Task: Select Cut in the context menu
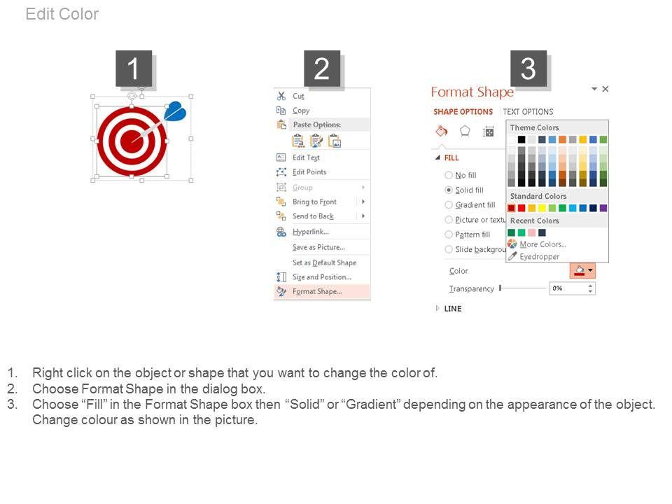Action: pyautogui.click(x=298, y=96)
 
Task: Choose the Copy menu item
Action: pyautogui.click(x=300, y=111)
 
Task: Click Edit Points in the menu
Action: pyautogui.click(x=309, y=172)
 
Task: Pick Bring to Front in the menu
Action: pyautogui.click(x=314, y=202)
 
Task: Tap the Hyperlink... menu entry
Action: pyautogui.click(x=310, y=232)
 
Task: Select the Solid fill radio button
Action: pyautogui.click(x=449, y=190)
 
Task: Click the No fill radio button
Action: pyautogui.click(x=449, y=175)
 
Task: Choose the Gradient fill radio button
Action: pyautogui.click(x=449, y=205)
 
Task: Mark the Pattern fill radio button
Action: pyautogui.click(x=449, y=234)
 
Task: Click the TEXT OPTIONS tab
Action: pyautogui.click(x=528, y=112)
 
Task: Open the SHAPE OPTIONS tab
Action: pyautogui.click(x=463, y=112)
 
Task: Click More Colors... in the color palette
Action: pyautogui.click(x=542, y=244)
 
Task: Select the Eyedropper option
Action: pyautogui.click(x=539, y=256)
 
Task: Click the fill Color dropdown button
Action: pyautogui.click(x=582, y=270)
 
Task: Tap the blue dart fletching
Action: pyautogui.click(x=175, y=111)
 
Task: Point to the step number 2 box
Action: pyautogui.click(x=322, y=69)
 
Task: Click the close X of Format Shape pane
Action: pyautogui.click(x=605, y=89)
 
